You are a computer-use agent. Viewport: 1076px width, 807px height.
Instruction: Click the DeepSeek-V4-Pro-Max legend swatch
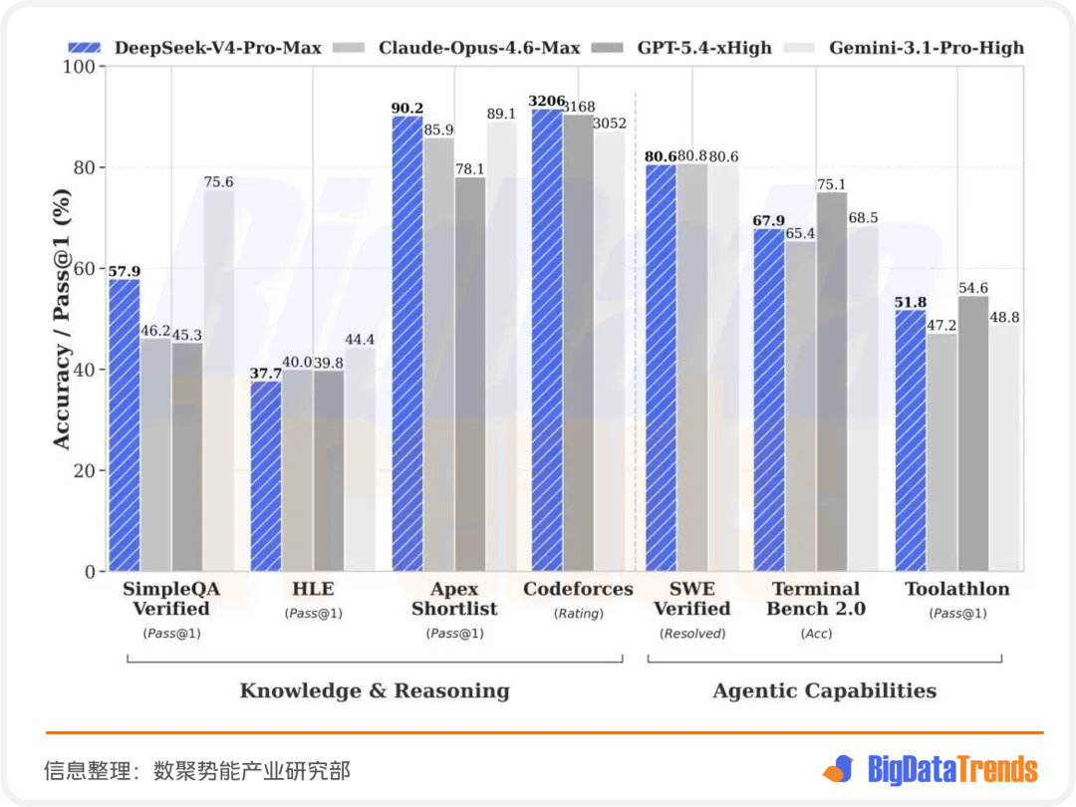point(85,48)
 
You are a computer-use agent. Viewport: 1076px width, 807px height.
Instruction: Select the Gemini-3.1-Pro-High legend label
point(927,48)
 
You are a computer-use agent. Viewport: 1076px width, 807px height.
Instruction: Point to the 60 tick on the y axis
point(85,268)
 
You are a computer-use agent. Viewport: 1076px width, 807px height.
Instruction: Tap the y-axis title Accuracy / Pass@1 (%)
point(62,319)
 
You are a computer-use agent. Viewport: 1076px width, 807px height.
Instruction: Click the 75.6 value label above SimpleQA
point(218,182)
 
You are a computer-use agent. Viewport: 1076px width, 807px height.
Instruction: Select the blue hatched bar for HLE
point(266,476)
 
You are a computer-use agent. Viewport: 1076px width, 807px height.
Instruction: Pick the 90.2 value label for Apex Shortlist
point(407,109)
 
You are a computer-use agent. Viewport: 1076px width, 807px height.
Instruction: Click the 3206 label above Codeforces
point(547,101)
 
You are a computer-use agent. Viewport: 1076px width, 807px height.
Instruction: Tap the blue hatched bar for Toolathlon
point(911,440)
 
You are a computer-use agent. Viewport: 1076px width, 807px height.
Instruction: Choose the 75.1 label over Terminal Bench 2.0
point(832,184)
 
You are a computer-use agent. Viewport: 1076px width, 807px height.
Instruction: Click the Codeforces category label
point(578,589)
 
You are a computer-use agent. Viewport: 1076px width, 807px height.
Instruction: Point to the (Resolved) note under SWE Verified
point(692,634)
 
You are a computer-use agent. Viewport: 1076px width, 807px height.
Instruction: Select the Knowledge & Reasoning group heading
point(375,690)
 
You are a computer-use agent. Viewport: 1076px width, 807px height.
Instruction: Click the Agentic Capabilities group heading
point(825,690)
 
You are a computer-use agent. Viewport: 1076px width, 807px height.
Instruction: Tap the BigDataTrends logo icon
point(839,769)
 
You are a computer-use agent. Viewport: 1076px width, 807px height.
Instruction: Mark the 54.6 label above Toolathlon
point(973,288)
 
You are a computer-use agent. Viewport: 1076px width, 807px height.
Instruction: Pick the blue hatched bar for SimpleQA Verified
point(125,424)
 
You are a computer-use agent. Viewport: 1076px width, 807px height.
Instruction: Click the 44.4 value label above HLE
point(360,340)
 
